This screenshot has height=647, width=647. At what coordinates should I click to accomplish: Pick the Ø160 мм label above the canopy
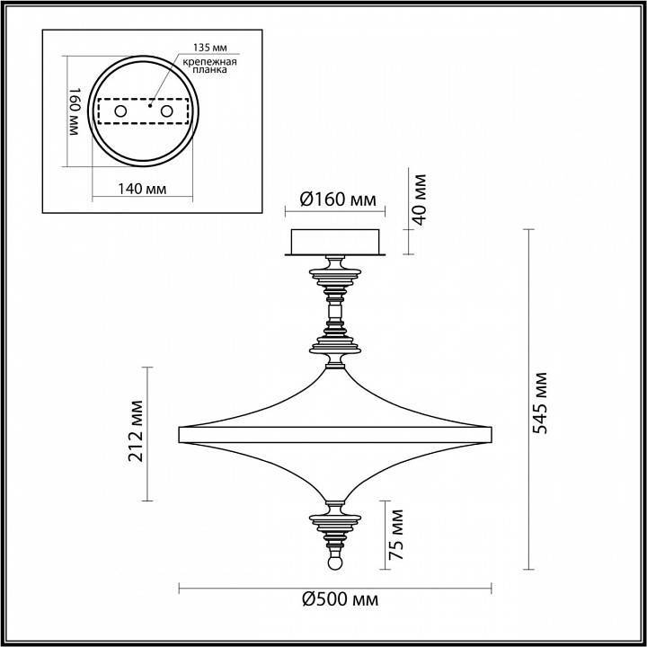point(336,199)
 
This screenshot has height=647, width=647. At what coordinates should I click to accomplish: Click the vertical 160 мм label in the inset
point(75,111)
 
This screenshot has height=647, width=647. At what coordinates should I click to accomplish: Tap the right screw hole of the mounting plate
point(166,110)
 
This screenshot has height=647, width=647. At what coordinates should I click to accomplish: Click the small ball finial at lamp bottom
point(335,563)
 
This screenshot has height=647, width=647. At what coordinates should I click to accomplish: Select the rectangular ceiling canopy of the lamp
point(335,241)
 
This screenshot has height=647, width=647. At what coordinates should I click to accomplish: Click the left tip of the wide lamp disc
point(182,432)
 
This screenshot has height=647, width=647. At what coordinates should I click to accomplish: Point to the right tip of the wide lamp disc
point(489,432)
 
